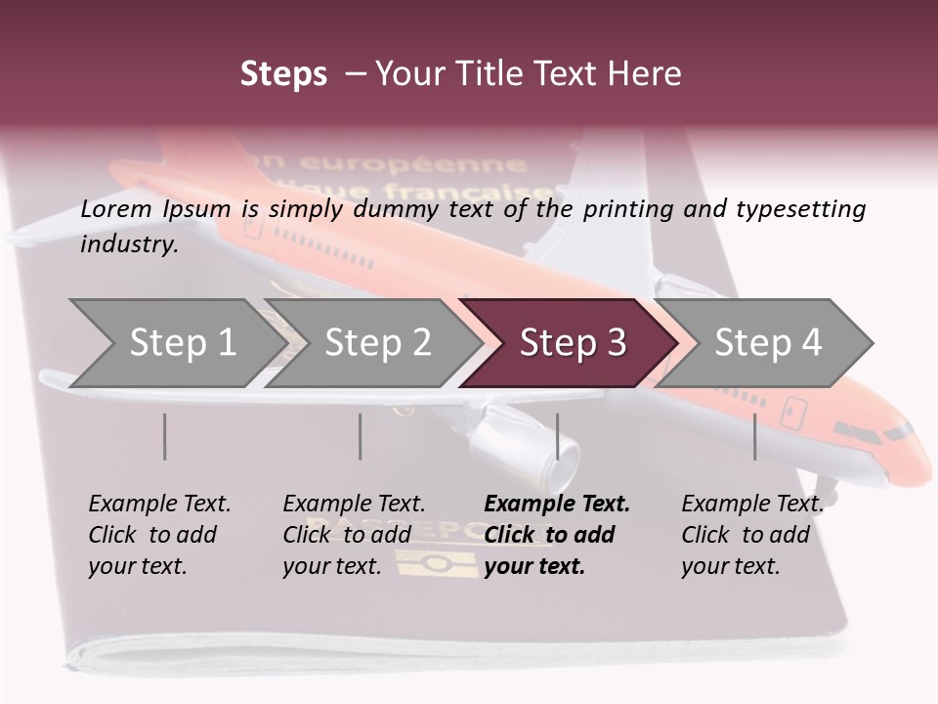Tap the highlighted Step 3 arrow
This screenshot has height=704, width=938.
click(572, 343)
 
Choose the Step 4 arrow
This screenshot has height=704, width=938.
click(768, 343)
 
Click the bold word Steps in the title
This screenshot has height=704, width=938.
click(283, 73)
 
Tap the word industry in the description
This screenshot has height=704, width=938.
click(128, 243)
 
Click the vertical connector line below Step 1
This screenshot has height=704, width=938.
click(164, 436)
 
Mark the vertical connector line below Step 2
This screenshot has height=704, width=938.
click(360, 436)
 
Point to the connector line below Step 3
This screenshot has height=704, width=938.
click(557, 436)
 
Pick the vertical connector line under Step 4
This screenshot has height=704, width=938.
click(754, 436)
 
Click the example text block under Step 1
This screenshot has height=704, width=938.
click(159, 535)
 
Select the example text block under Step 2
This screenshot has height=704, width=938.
click(354, 535)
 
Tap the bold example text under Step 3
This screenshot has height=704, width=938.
click(557, 535)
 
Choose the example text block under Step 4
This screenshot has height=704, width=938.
click(751, 535)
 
